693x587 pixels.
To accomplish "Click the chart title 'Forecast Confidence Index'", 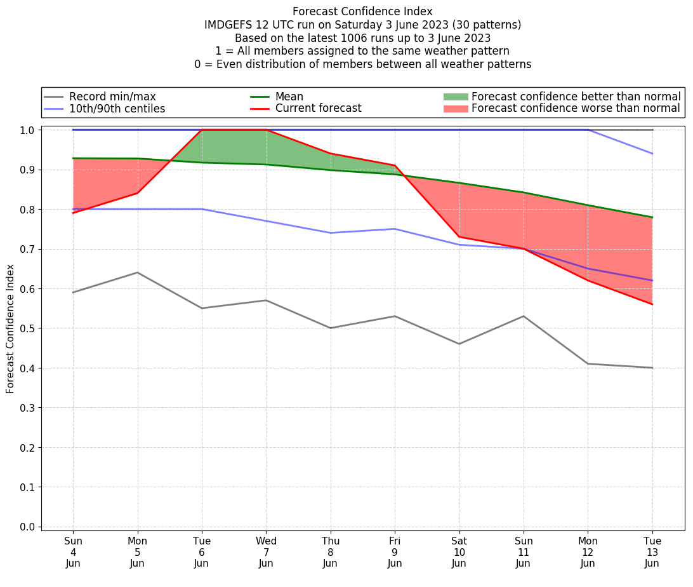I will tap(362, 11).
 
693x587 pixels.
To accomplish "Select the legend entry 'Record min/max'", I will tap(112, 97).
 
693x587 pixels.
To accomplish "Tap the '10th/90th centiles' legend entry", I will tap(117, 109).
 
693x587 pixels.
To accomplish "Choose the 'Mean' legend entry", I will tap(289, 97).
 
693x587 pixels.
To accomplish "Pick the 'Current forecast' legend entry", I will tap(318, 109).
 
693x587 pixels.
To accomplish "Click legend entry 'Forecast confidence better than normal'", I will tap(576, 97).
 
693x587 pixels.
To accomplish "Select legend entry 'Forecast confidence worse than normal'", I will tap(576, 109).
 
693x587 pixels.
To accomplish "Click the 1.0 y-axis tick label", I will tap(28, 130).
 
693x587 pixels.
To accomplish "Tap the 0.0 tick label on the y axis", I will tap(28, 527).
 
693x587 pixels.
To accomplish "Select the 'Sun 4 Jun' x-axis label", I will tap(73, 551).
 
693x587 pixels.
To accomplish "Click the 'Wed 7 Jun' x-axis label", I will tap(266, 551).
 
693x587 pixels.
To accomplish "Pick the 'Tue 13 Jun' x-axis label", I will tap(652, 551).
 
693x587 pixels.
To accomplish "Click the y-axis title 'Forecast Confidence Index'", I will tap(10, 328).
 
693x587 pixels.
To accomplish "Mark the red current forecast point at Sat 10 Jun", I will tap(459, 237).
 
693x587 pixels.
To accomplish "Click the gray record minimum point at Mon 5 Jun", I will tap(137, 273).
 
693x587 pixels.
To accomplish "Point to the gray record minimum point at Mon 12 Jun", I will tap(588, 363).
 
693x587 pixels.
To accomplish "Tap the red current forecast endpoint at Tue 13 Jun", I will tap(652, 304).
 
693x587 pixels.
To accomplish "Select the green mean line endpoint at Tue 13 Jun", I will tap(652, 217).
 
